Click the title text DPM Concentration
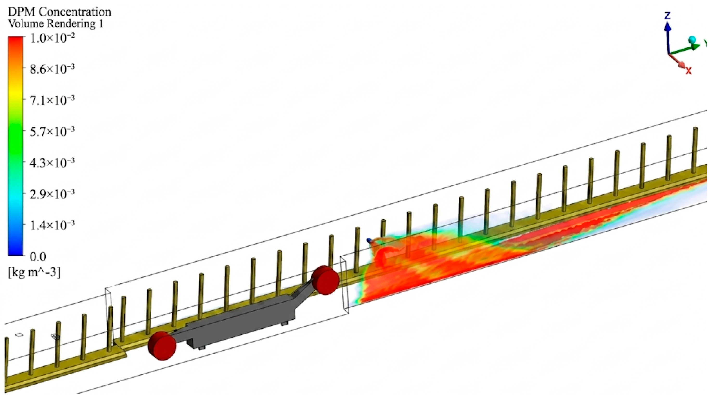click(x=60, y=12)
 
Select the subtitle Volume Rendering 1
click(x=56, y=24)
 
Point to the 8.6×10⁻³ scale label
click(x=52, y=69)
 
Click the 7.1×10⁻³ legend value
click(x=52, y=100)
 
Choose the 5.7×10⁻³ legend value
click(x=52, y=132)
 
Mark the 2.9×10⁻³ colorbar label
click(x=52, y=194)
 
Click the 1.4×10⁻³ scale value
click(x=52, y=226)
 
